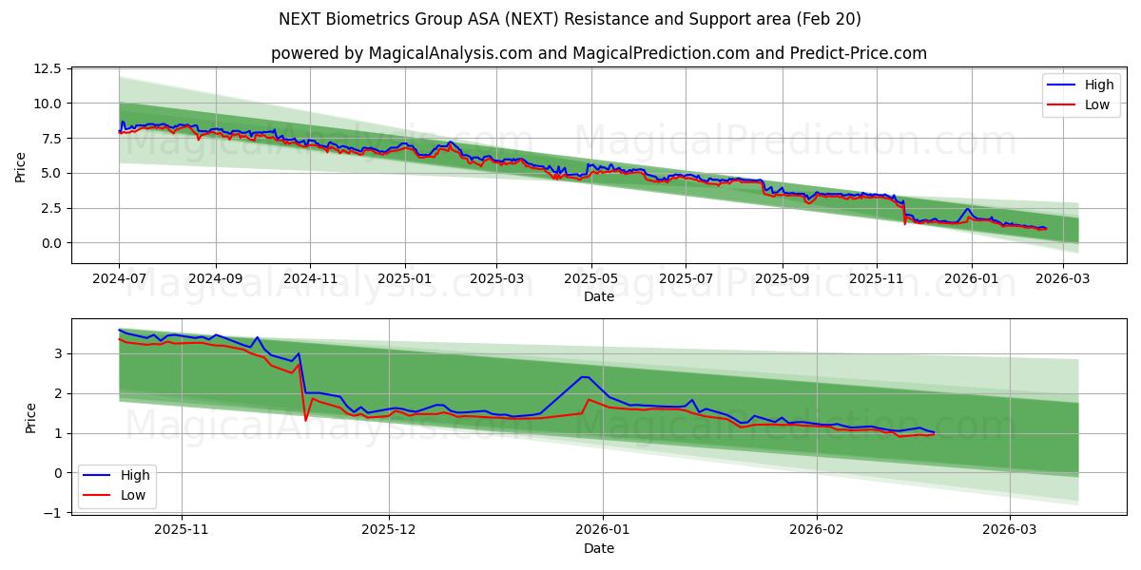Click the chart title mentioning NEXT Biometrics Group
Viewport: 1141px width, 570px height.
coord(570,19)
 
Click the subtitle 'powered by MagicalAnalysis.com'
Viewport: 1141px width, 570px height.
coord(599,53)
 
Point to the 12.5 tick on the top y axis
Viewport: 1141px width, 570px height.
coord(47,68)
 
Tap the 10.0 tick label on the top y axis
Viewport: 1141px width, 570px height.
coord(47,104)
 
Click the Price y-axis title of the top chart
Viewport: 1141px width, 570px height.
coord(21,166)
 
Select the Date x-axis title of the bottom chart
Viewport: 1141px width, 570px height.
coord(599,548)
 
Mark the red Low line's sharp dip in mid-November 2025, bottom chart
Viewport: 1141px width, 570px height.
coord(305,419)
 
